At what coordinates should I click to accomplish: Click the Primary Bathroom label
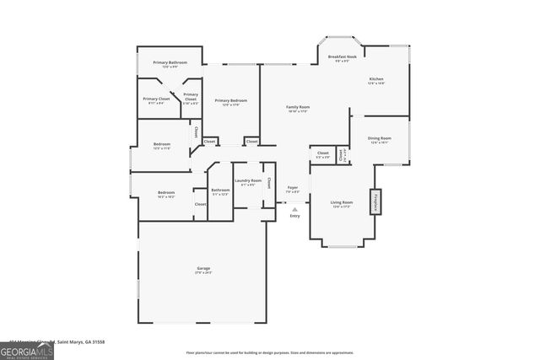pos(170,63)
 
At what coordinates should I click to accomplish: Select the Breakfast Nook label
pos(342,57)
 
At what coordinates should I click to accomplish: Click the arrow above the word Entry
pos(294,209)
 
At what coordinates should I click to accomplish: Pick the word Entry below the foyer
pos(294,217)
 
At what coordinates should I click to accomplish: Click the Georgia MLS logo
pos(27,349)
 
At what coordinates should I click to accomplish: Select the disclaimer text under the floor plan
pos(281,352)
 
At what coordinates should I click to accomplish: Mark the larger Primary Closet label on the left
pos(156,99)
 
